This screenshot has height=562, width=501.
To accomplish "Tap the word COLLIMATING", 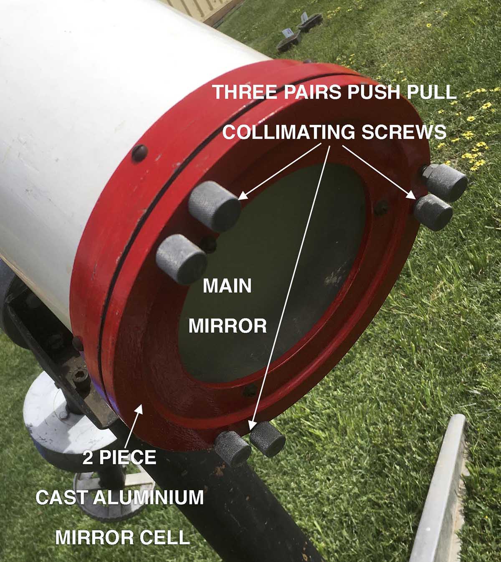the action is click(288, 132).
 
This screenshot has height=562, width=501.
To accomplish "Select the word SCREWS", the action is click(404, 132).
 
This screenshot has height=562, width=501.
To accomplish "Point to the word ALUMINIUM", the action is click(148, 497).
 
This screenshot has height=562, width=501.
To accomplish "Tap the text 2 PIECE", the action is click(119, 458).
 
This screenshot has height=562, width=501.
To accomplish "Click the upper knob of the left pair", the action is click(214, 206).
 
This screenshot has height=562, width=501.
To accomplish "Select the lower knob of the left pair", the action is click(182, 259).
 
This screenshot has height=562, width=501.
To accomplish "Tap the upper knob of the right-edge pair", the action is click(445, 182).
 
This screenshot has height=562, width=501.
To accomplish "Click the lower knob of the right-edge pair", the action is click(433, 212).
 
